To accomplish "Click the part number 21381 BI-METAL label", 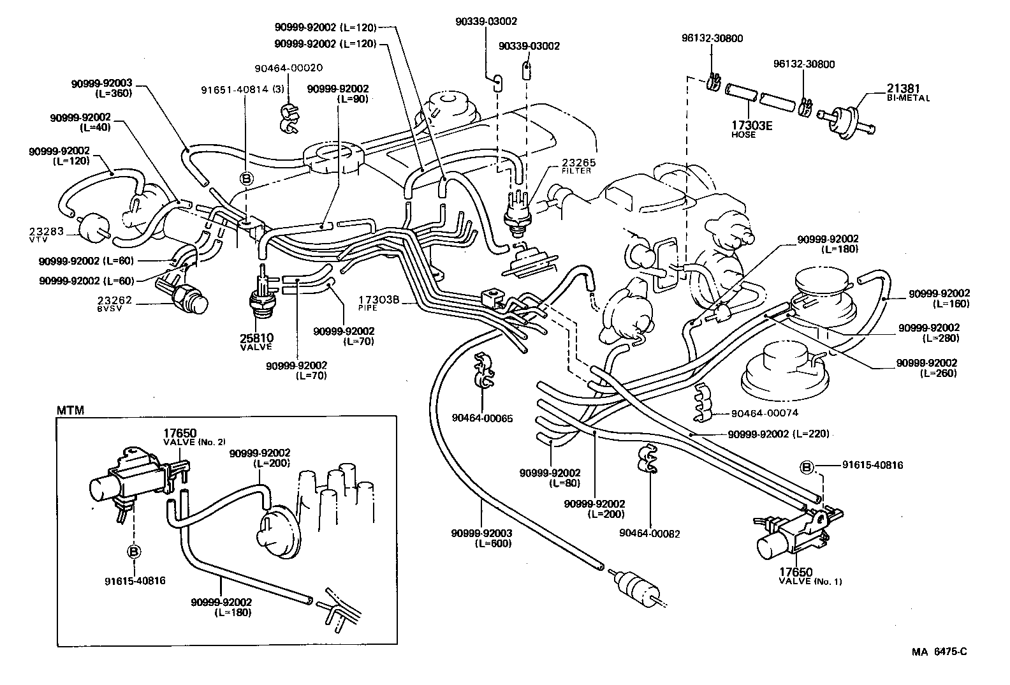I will click(x=907, y=93).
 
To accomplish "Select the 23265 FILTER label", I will click(x=576, y=166).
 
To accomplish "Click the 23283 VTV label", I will click(x=47, y=234).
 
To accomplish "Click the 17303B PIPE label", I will click(x=378, y=302).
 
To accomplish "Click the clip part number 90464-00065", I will click(x=482, y=418).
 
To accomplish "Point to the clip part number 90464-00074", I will click(x=764, y=413).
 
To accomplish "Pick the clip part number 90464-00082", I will click(x=649, y=533).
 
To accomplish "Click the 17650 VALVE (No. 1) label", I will click(x=810, y=577).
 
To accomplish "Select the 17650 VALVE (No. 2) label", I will click(x=194, y=437).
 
